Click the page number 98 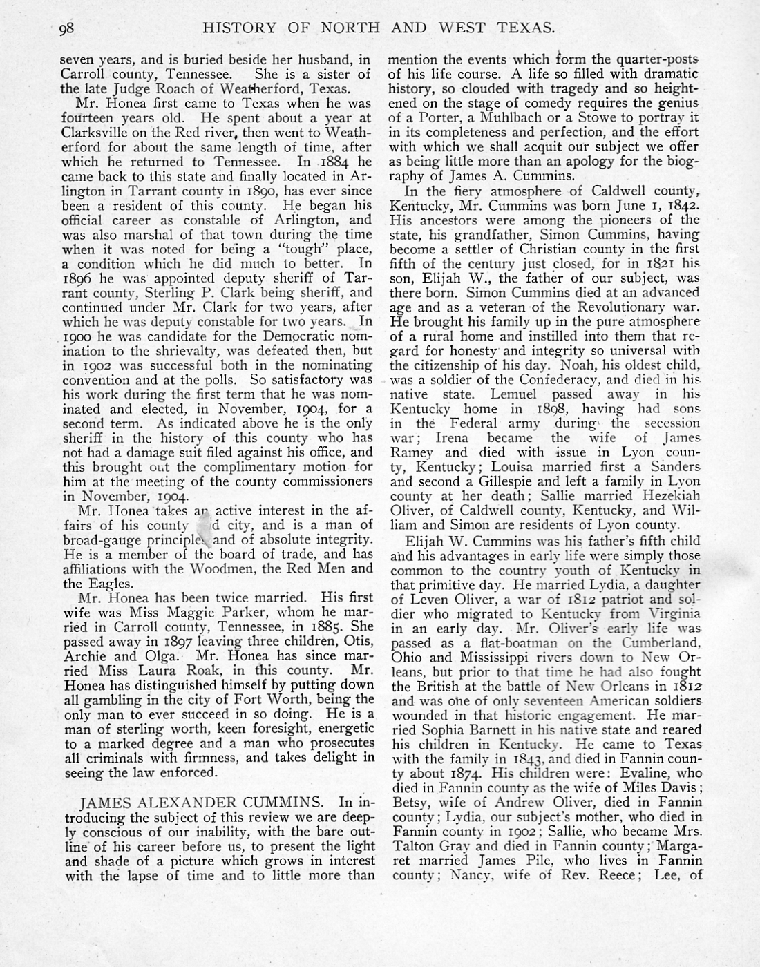66,28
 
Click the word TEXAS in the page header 528,28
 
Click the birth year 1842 684,205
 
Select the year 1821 656,264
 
